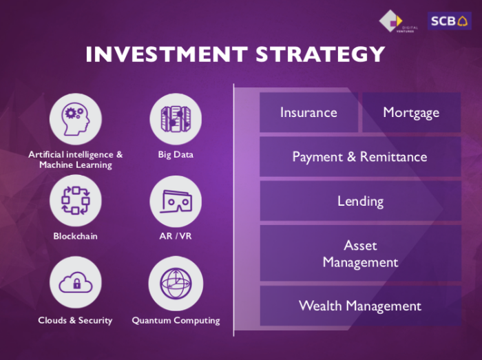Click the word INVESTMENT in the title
(x=167, y=54)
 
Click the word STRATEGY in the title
(x=320, y=54)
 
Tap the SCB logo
(x=450, y=21)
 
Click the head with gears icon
(x=76, y=119)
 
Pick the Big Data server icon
(x=176, y=119)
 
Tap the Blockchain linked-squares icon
(x=76, y=200)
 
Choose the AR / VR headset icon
(x=176, y=202)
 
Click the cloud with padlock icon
(x=76, y=283)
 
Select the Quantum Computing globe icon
(x=176, y=283)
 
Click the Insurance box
(x=308, y=112)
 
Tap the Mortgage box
(x=411, y=112)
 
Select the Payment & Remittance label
(x=359, y=157)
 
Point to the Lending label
(x=361, y=201)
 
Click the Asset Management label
(x=360, y=254)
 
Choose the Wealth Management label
(x=360, y=306)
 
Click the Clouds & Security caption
(x=75, y=320)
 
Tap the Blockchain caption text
(x=75, y=236)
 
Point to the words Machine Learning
(x=76, y=165)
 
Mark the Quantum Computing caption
(x=176, y=320)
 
